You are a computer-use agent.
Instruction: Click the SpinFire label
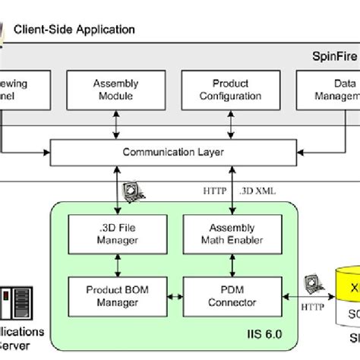coord(335,55)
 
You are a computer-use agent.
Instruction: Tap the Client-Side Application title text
coord(74,30)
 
